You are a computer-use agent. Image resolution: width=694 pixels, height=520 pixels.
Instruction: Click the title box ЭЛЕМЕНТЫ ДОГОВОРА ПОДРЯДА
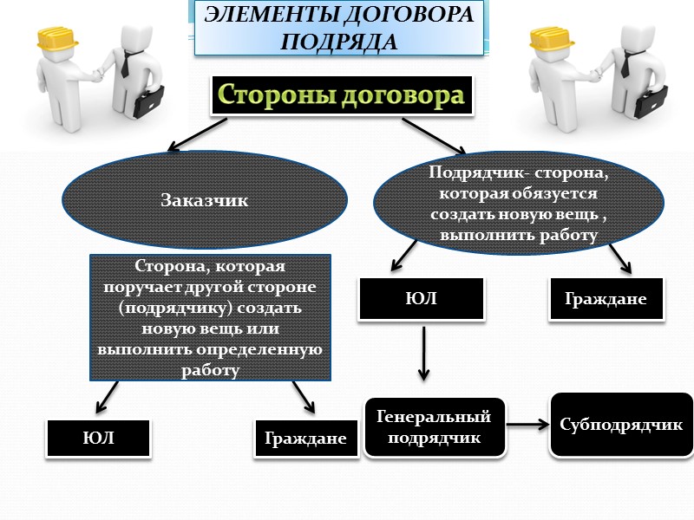point(339,28)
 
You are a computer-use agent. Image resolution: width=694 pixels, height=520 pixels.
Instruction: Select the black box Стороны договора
point(339,95)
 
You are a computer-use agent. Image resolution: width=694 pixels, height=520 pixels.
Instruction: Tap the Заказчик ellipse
point(204,200)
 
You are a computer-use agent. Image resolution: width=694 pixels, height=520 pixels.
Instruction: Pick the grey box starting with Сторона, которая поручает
point(211,317)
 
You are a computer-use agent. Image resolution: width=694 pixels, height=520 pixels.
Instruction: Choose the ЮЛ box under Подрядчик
point(421,300)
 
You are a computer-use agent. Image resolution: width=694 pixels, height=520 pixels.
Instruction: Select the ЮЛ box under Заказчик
point(99,439)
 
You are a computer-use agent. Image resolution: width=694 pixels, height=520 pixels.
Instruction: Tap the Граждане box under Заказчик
point(306,439)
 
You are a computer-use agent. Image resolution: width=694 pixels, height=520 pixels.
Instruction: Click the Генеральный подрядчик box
point(434,427)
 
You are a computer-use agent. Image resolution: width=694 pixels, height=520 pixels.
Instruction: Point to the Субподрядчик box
point(620,426)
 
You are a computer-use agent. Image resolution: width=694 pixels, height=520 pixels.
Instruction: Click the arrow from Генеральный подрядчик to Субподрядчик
point(527,425)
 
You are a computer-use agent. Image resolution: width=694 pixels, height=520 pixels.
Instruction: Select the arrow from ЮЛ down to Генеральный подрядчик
point(422,354)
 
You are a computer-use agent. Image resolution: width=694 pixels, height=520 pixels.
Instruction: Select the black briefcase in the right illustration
point(651,101)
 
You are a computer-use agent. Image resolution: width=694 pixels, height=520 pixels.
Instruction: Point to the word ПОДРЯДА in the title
point(339,41)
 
